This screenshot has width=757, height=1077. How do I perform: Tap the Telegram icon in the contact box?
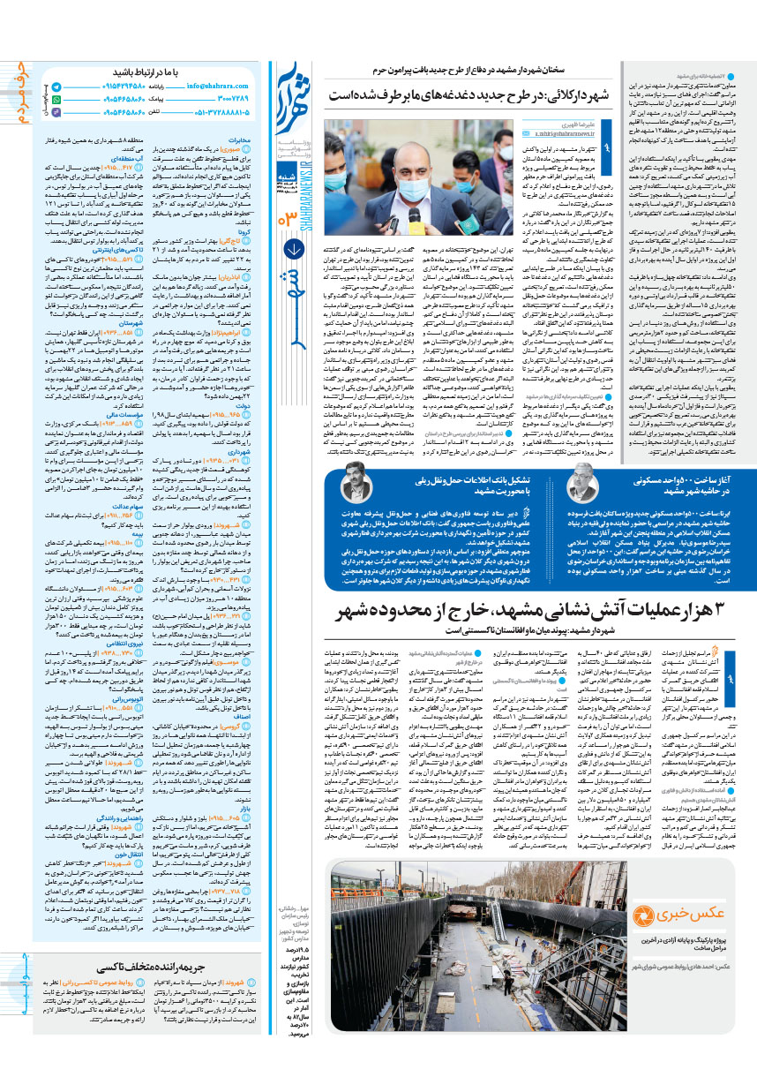(56, 88)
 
